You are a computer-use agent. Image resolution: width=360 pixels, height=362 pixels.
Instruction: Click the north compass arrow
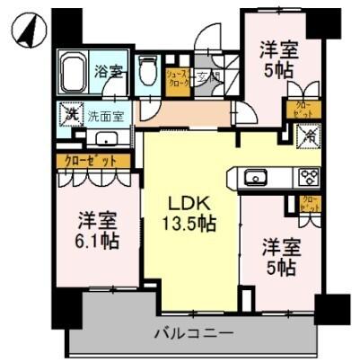(x=30, y=31)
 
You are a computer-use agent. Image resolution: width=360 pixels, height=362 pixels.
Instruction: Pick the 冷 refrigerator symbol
(x=308, y=137)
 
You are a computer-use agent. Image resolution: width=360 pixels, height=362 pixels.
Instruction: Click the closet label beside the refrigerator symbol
(x=298, y=110)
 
